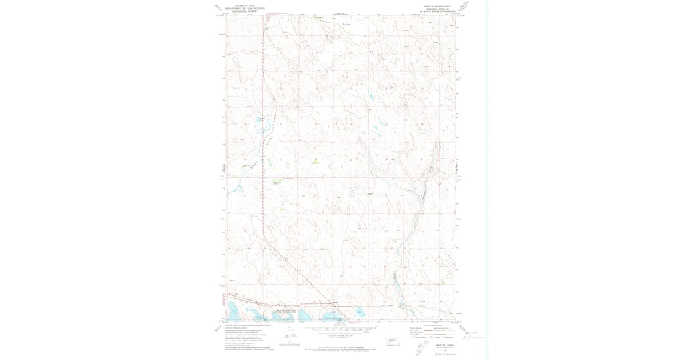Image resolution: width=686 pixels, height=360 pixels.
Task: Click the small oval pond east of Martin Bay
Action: [361, 313]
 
